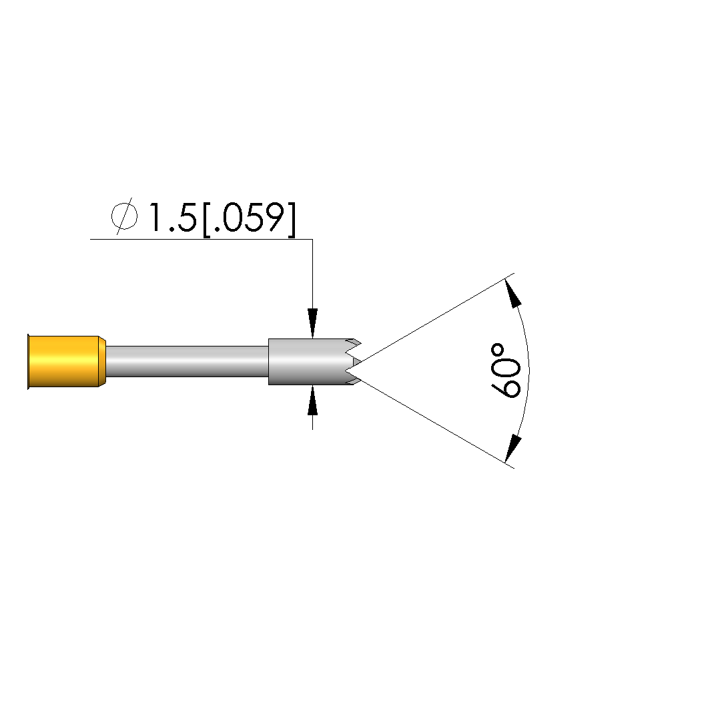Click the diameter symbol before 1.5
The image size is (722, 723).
coord(124,216)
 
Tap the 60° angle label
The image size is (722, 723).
coord(506,371)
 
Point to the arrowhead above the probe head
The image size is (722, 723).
coord(313,322)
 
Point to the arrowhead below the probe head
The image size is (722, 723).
coord(313,401)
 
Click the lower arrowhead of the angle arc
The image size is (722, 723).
coord(512,448)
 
